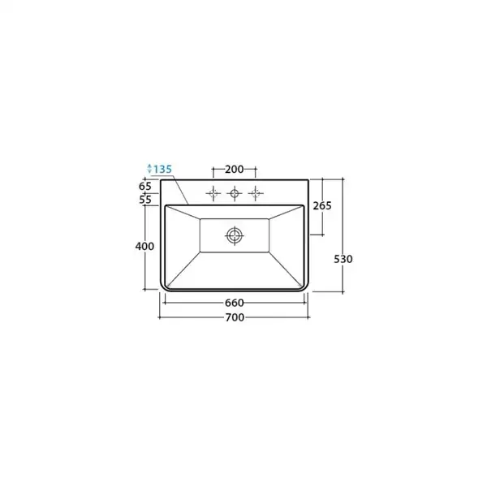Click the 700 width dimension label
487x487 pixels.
pyautogui.click(x=235, y=317)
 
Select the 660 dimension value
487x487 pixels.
pyautogui.click(x=235, y=303)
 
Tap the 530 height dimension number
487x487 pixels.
pyautogui.click(x=343, y=259)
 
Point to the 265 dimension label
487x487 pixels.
pyautogui.click(x=322, y=205)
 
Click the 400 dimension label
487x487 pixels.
pyautogui.click(x=144, y=246)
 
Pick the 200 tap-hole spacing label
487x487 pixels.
pyautogui.click(x=235, y=170)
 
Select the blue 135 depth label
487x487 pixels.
pyautogui.click(x=163, y=170)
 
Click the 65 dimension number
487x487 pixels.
pyautogui.click(x=145, y=187)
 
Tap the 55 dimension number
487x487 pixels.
pyautogui.click(x=145, y=200)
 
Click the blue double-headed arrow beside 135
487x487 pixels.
pyautogui.click(x=149, y=168)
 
